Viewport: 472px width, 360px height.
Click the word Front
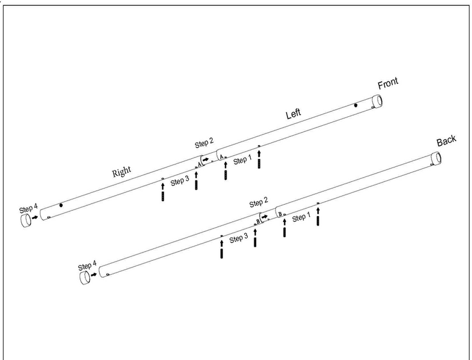(387, 84)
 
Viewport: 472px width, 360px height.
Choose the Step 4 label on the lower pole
(87, 265)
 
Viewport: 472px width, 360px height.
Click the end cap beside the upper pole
(26, 221)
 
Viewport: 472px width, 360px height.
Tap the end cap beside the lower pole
(84, 277)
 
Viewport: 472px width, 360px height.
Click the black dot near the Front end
(356, 106)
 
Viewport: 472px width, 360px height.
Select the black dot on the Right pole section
(61, 205)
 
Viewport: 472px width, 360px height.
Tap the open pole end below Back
(436, 158)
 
